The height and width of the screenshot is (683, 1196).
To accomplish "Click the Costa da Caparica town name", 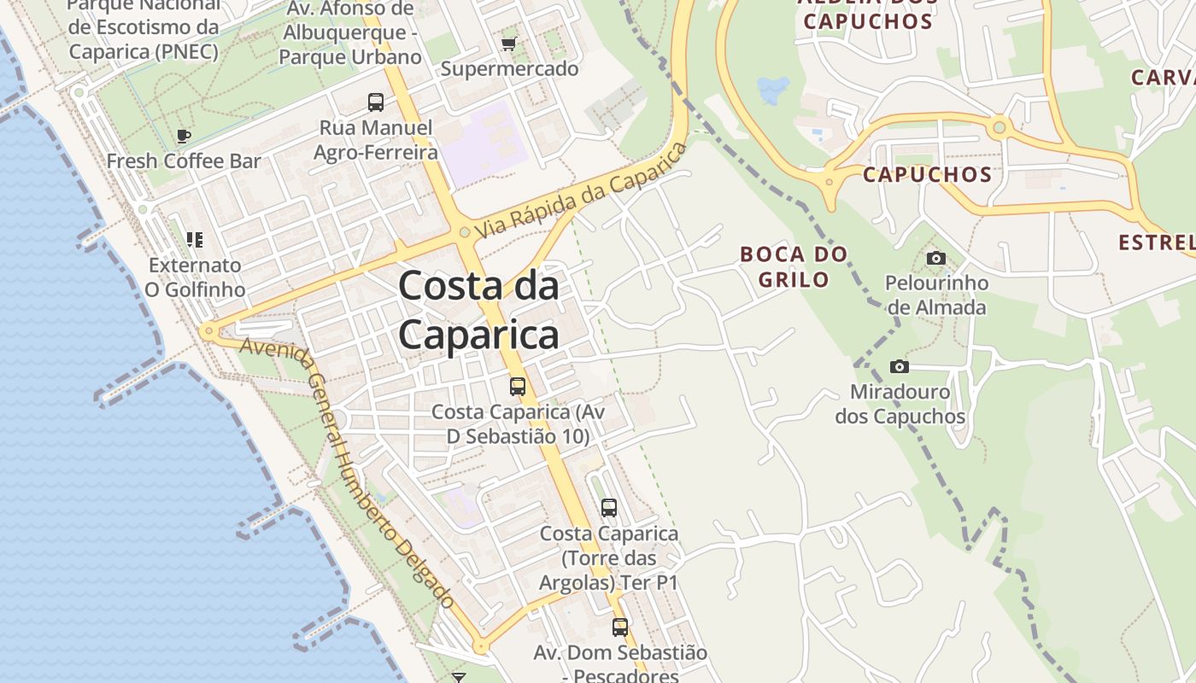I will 478,310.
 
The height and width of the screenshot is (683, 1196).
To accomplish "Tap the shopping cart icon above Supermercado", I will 509,44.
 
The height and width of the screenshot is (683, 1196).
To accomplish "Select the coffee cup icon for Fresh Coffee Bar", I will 183,135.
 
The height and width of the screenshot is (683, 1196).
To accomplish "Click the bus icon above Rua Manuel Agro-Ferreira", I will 376,102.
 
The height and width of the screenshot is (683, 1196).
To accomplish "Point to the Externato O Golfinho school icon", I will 195,240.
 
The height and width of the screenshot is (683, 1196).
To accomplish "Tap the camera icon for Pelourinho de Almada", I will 936,258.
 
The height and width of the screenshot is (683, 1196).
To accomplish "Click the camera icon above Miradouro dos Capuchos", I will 900,366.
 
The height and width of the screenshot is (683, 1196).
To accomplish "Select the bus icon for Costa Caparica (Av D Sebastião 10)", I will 518,386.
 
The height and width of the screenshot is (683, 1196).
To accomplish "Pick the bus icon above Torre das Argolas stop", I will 609,508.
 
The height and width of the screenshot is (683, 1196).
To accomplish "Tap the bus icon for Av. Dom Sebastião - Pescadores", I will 620,628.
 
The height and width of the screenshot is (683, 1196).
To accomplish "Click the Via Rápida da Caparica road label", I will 582,190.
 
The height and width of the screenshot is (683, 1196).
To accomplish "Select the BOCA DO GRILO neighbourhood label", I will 794,266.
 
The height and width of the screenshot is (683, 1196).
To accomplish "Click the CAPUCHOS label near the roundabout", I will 927,175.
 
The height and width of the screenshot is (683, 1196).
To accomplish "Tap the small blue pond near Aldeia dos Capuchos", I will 773,89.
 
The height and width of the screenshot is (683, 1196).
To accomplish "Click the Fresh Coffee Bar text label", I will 184,161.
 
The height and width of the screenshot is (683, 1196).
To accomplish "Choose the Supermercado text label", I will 509,69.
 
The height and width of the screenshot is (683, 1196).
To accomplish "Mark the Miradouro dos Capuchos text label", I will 900,405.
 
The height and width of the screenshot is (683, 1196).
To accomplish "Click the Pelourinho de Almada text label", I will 936,295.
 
